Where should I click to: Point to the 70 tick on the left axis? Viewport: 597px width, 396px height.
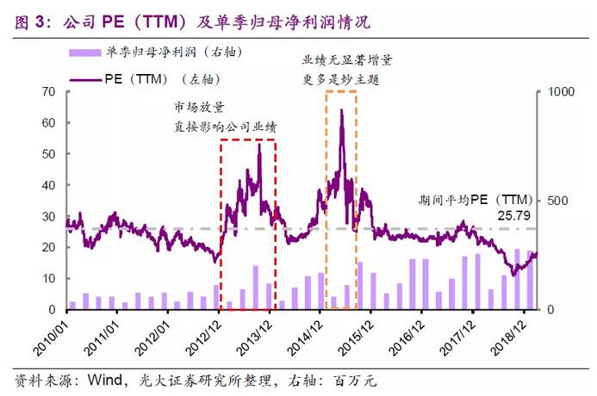tap(49, 91)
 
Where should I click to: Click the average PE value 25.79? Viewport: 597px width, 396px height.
tap(514, 212)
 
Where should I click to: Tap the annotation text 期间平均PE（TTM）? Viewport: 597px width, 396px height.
tap(476, 196)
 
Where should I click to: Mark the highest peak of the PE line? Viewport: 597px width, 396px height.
tap(342, 110)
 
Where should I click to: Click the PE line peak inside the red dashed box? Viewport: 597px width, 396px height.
tap(260, 145)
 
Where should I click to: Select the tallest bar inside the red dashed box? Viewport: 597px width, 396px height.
tap(255, 288)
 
